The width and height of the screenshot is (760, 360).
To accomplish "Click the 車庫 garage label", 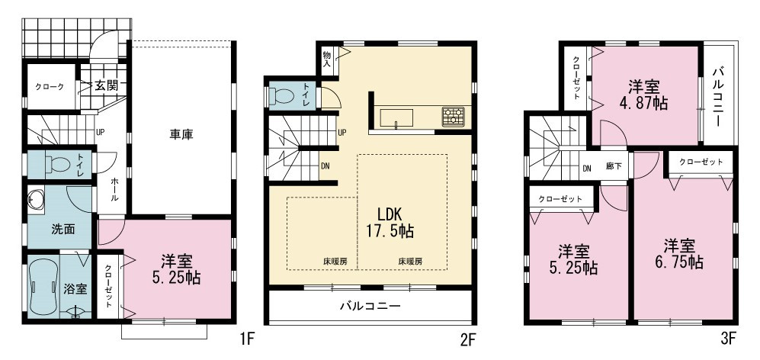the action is (x=181, y=134).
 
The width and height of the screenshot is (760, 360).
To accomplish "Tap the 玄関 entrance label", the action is (x=106, y=86).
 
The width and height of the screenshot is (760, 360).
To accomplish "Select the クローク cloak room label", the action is (x=49, y=87).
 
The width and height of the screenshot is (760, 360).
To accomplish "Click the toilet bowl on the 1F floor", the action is (x=59, y=165).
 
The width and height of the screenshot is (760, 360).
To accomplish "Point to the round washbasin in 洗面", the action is (x=34, y=199).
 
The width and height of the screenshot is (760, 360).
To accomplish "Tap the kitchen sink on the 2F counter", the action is (x=396, y=118).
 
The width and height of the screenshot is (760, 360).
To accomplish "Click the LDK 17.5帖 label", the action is (x=390, y=222).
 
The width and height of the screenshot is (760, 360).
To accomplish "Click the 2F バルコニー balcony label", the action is (x=370, y=306).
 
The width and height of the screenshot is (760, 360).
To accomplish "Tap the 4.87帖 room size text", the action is (x=644, y=103).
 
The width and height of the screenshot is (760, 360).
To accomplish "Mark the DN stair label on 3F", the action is (x=587, y=169).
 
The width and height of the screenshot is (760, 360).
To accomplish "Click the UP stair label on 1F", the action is (x=101, y=131).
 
